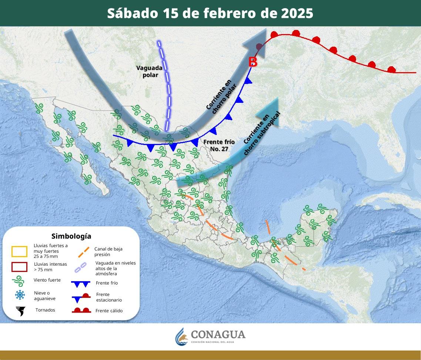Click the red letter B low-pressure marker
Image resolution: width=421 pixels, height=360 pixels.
pyautogui.click(x=253, y=62)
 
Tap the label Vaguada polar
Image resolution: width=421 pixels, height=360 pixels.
pyautogui.click(x=149, y=71)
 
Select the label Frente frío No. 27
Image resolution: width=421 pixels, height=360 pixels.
pyautogui.click(x=219, y=145)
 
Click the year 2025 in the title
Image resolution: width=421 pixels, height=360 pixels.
pyautogui.click(x=297, y=13)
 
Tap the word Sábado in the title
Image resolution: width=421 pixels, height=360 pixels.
pyautogui.click(x=132, y=13)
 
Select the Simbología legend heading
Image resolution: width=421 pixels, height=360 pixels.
pyautogui.click(x=71, y=236)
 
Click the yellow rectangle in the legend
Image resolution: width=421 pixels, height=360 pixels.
pyautogui.click(x=19, y=252)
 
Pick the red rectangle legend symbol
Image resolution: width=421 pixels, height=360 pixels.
pyautogui.click(x=19, y=267)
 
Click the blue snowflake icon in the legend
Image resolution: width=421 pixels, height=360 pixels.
pyautogui.click(x=20, y=295)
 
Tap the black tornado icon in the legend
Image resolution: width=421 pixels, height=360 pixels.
pyautogui.click(x=20, y=311)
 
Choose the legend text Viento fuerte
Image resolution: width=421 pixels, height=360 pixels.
pyautogui.click(x=47, y=280)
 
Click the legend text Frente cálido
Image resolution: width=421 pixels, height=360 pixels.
pyautogui.click(x=109, y=311)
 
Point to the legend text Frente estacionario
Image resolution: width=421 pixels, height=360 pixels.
pyautogui.click(x=108, y=297)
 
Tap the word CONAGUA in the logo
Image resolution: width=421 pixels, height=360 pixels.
pyautogui.click(x=218, y=334)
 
